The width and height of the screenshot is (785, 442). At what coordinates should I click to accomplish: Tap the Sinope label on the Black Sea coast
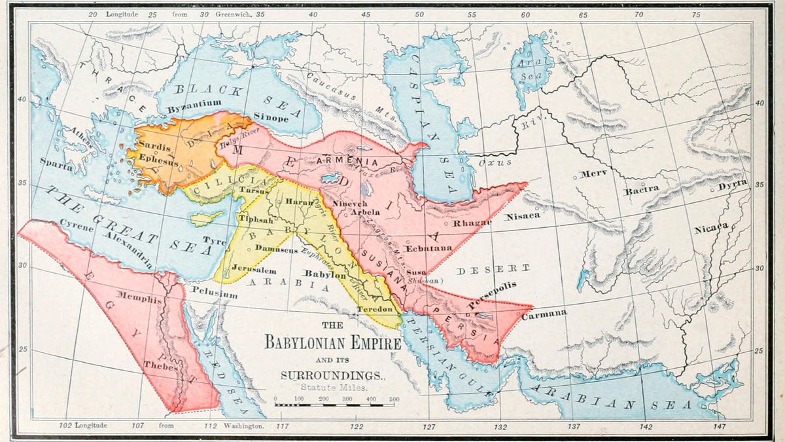[271, 118]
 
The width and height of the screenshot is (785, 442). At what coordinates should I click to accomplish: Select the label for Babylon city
[325, 275]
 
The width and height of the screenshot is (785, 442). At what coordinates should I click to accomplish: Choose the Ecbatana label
[428, 248]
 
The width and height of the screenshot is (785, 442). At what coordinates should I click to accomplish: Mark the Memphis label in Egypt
[138, 299]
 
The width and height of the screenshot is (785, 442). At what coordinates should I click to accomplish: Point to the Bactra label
[642, 189]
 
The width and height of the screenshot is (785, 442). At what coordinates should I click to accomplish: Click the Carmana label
[544, 314]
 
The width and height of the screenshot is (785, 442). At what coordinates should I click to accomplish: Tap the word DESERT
[494, 269]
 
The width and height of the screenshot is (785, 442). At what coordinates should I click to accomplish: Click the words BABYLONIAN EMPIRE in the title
[328, 342]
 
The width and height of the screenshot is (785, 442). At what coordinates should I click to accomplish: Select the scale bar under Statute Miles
[338, 404]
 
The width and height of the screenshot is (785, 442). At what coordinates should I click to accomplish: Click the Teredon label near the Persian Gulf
[374, 308]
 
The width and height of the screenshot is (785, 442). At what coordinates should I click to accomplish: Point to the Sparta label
[56, 166]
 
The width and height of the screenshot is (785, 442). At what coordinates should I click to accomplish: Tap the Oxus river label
[495, 162]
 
